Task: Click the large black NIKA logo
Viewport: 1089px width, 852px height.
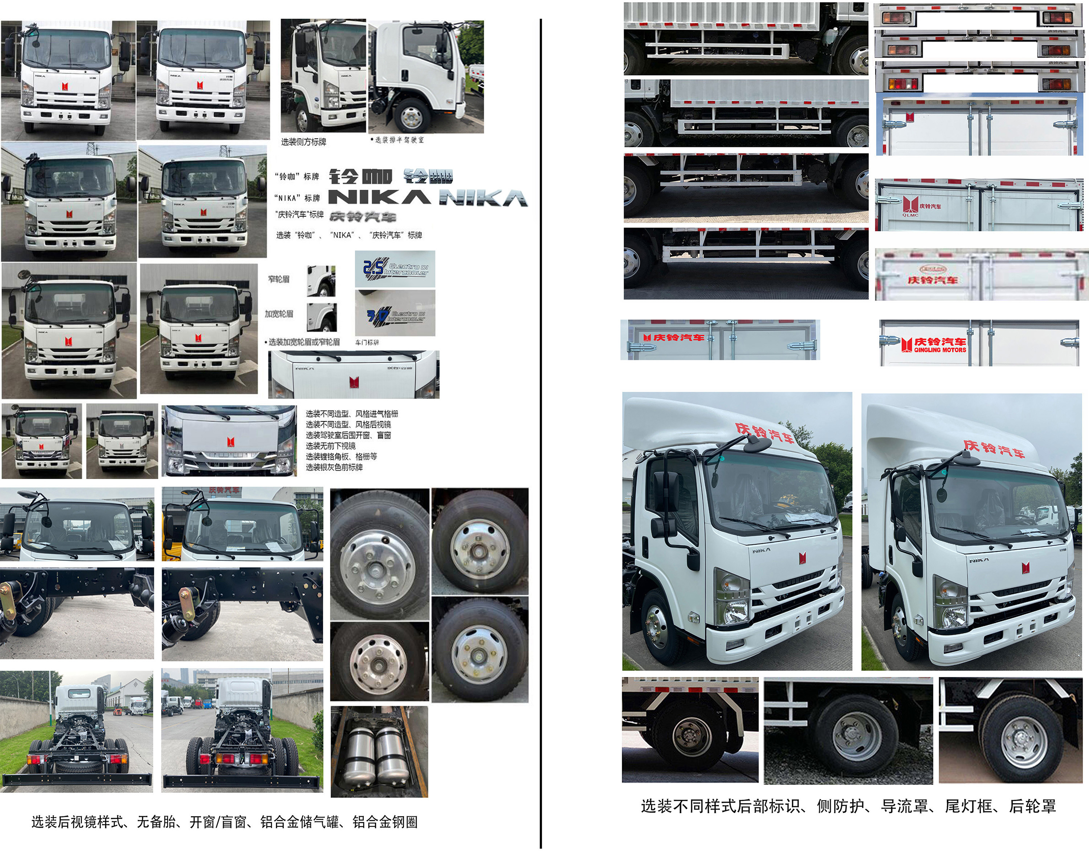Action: [379, 197]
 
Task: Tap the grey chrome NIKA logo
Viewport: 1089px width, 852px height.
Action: [483, 198]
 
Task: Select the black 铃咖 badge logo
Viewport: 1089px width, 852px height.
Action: [360, 176]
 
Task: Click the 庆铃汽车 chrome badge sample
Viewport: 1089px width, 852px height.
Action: [363, 217]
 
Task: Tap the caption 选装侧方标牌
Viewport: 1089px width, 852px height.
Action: [303, 142]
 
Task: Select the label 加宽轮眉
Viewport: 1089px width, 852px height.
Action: [279, 314]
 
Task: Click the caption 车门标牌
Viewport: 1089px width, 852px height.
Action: [367, 342]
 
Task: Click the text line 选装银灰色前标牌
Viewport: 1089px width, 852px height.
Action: [334, 467]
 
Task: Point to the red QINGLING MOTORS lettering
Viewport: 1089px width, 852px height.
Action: [940, 350]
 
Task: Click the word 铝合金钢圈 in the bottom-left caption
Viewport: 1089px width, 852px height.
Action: [385, 822]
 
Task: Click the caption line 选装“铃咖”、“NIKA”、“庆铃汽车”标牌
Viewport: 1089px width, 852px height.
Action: [349, 235]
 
